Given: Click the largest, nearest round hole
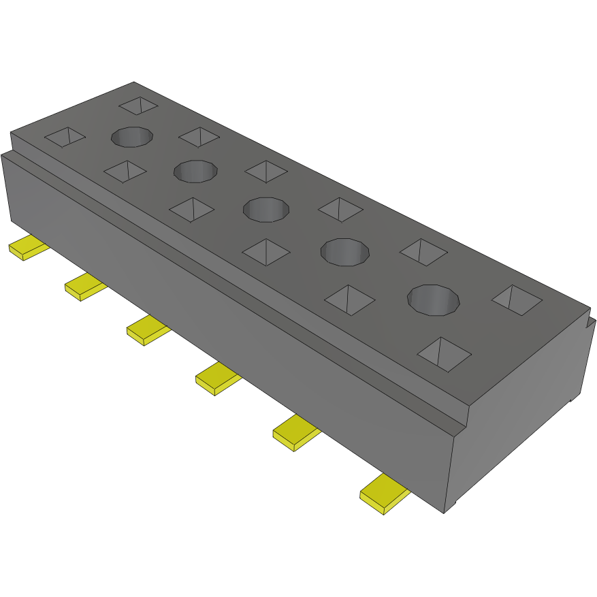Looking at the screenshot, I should pyautogui.click(x=434, y=300).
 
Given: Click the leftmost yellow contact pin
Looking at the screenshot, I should pyautogui.click(x=28, y=249).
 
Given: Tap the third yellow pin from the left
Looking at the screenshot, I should pyautogui.click(x=147, y=331).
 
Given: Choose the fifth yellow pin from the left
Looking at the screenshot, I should pyautogui.click(x=295, y=434).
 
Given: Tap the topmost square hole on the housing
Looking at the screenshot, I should pyautogui.click(x=138, y=105).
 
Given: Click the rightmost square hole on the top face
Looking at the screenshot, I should pyautogui.click(x=517, y=300).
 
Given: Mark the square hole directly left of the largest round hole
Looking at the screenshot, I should pyautogui.click(x=350, y=300).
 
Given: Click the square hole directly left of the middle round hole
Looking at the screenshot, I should pyautogui.click(x=191, y=208).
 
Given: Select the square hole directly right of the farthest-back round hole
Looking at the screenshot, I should pyautogui.click(x=199, y=136).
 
